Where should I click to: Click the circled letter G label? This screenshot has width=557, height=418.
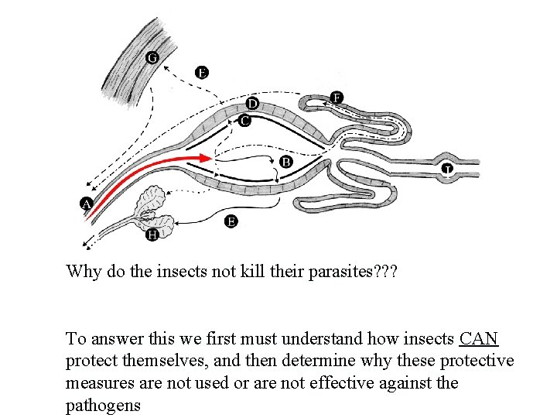click(152, 57)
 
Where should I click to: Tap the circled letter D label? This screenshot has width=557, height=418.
click(252, 103)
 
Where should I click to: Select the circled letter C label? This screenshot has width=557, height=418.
click(244, 121)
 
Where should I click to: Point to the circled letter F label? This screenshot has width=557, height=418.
click(337, 97)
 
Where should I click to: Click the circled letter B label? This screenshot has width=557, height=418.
click(286, 162)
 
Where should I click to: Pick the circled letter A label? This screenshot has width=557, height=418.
click(86, 204)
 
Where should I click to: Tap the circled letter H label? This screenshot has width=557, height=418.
click(152, 235)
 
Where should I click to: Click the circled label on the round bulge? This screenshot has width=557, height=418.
click(447, 169)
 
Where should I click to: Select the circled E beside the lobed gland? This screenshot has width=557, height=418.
click(231, 222)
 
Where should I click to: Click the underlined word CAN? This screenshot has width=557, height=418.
click(478, 339)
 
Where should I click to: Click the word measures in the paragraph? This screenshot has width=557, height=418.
click(97, 382)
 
